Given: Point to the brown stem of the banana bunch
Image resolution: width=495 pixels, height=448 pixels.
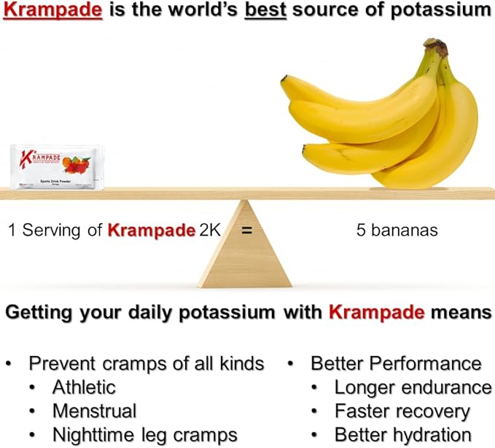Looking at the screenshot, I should pos(437,49).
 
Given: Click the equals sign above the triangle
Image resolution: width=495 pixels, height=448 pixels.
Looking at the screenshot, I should pos(246,231).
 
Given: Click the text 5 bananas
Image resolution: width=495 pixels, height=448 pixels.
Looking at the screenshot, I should pos(397,231).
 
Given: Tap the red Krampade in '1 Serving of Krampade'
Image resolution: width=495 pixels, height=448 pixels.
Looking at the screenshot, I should pos(142,231).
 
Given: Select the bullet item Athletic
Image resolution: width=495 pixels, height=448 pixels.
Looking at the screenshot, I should pos(84,387).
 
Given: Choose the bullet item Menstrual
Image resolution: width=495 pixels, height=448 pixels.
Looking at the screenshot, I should pos(93,411).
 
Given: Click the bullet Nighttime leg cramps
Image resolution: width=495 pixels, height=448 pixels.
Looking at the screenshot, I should pos(144,435).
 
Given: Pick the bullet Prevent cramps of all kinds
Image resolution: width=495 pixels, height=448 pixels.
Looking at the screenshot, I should pos(146,363).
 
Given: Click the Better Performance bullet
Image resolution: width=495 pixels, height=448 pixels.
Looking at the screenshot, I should pos(396,363).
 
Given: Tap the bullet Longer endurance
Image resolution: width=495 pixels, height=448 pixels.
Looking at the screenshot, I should pos(413,387).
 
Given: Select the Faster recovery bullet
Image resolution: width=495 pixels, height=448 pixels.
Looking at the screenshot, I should pos(402,411).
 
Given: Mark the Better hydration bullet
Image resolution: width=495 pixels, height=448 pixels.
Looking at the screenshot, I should pos(402,435).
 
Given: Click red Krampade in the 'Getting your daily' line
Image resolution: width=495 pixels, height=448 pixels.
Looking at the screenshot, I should pos(376,313).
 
